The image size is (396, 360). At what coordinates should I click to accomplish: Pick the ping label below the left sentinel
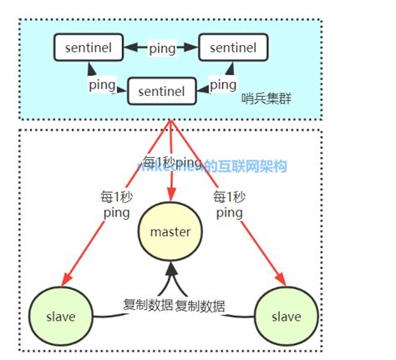[102, 84]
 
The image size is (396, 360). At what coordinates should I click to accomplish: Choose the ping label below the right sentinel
[222, 84]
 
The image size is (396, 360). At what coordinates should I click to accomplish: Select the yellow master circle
[171, 231]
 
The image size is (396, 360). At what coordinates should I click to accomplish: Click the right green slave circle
[285, 317]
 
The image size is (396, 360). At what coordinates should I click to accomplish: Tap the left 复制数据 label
[145, 306]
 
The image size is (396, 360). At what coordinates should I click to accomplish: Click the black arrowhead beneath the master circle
[171, 270]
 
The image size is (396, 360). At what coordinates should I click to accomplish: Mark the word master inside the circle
[171, 231]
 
